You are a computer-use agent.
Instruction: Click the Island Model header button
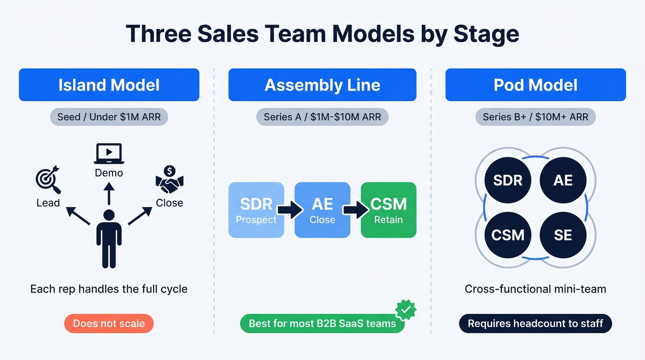[x=109, y=85]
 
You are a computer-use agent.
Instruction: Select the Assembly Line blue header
[x=322, y=85]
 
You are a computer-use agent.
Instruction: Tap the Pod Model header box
[x=535, y=85]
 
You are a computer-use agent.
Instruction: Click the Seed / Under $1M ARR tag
[x=109, y=117]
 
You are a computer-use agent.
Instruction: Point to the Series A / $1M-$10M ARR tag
[x=322, y=117]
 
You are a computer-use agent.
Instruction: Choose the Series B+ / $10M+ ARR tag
[x=535, y=117]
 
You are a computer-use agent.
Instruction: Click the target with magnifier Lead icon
[x=48, y=181]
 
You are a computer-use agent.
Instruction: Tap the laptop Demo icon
[x=109, y=154]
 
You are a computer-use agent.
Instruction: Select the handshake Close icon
[x=170, y=181]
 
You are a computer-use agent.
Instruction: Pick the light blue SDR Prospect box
[x=256, y=210]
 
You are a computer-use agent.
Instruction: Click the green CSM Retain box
[x=388, y=210]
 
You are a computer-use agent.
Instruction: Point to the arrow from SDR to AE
[x=289, y=210]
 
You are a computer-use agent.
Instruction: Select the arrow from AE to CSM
[x=355, y=210]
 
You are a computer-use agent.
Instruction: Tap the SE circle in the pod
[x=563, y=235]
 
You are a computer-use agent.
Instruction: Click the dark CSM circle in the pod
[x=508, y=235]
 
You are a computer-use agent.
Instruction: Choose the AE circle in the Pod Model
[x=563, y=180]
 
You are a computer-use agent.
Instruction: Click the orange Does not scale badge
[x=109, y=324]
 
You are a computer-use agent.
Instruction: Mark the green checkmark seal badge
[x=406, y=310]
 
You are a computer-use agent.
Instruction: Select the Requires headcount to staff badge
[x=535, y=324]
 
